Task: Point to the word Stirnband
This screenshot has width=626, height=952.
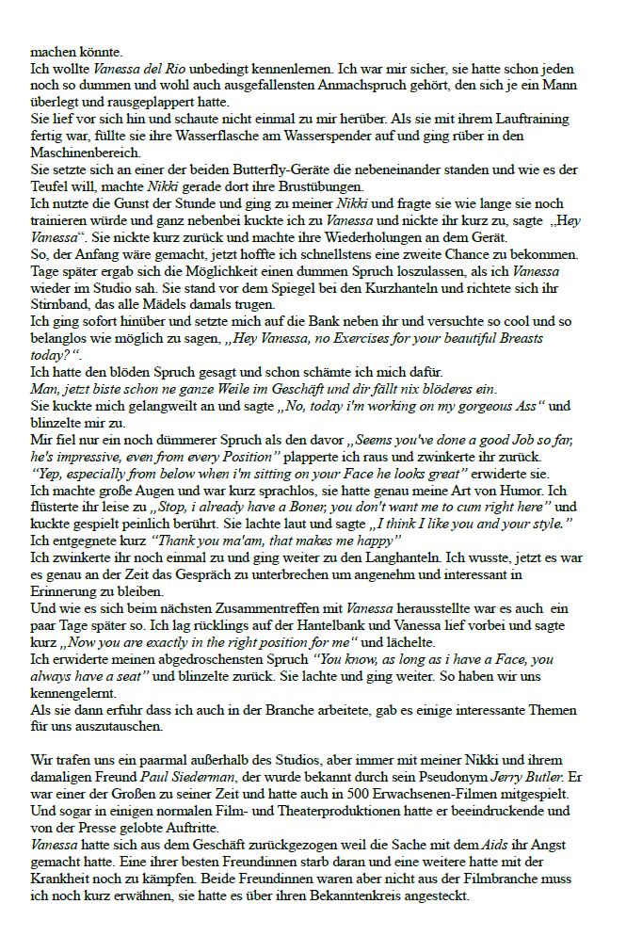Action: (x=62, y=305)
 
